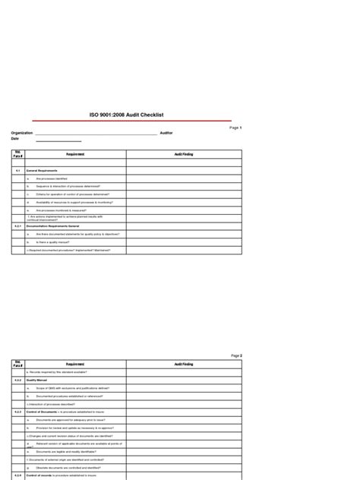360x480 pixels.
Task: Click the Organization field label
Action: (21, 133)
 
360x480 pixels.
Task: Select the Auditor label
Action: (166, 133)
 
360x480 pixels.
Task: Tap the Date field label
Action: (14, 140)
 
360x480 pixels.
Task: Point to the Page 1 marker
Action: (235, 128)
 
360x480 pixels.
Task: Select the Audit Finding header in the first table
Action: (184, 154)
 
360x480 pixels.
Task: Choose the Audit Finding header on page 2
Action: (184, 365)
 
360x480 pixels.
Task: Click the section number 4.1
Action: (17, 172)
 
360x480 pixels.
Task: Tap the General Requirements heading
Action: (43, 172)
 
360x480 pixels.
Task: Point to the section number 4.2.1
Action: (18, 227)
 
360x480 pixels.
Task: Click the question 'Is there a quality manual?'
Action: (54, 242)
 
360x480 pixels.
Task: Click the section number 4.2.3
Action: (18, 412)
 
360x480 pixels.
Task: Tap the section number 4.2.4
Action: (18, 475)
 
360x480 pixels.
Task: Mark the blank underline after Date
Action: (58, 141)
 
